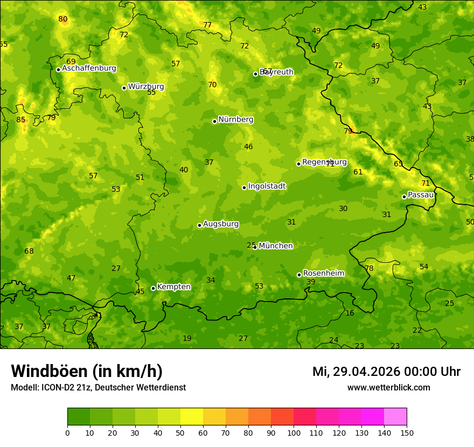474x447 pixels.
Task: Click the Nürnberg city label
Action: [235, 120]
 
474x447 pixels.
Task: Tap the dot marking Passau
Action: [404, 197]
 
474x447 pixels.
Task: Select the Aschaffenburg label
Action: [89, 68]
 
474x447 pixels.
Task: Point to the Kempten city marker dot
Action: [153, 288]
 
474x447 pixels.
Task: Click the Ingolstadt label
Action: [267, 186]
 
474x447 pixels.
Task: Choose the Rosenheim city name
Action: [323, 274]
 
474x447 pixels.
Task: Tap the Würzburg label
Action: [146, 87]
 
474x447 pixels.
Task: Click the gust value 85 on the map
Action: [20, 120]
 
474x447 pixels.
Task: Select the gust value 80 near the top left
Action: [63, 19]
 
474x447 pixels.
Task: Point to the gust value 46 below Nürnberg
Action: [248, 147]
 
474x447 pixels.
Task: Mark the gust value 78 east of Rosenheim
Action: [369, 269]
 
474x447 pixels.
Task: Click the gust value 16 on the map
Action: [350, 313]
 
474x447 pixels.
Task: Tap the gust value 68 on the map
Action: [29, 252]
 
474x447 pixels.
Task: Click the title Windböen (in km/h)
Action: [87, 371]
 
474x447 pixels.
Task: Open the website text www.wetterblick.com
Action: [388, 388]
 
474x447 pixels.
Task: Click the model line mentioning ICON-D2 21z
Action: [98, 388]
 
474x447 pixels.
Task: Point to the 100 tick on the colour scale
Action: [294, 432]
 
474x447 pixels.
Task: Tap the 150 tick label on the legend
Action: [407, 432]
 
